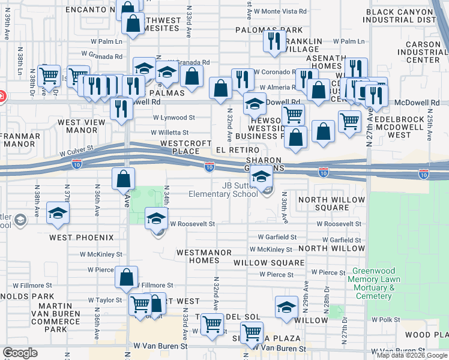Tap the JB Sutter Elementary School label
coord(223,190)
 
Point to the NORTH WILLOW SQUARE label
coord(331,203)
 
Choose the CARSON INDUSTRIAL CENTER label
coord(414,52)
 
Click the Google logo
coord(20,353)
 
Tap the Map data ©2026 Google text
coord(412,355)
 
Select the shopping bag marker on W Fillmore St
coord(126,277)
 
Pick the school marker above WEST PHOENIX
coord(58,214)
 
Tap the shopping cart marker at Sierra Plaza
coord(252,332)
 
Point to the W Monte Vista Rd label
coord(277,12)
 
